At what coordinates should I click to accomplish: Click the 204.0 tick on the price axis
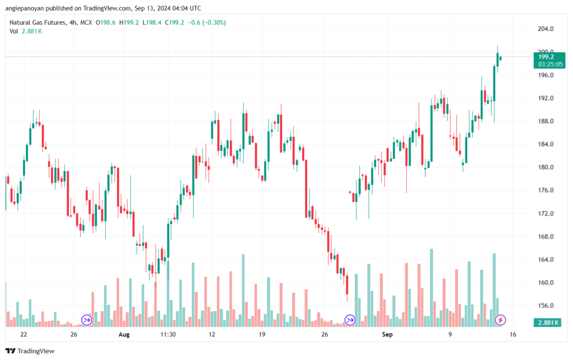point(546,29)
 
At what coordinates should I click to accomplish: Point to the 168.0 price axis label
point(546,237)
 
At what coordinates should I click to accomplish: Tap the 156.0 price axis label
point(546,306)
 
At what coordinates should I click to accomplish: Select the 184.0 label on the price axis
point(546,144)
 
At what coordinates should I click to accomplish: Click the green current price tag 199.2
point(546,57)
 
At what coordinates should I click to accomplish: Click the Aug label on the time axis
point(124,334)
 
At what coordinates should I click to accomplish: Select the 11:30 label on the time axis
point(168,334)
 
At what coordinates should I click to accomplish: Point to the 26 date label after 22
point(74,334)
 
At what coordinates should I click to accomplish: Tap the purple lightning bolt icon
point(501,320)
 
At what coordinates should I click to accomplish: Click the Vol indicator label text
point(13,31)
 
